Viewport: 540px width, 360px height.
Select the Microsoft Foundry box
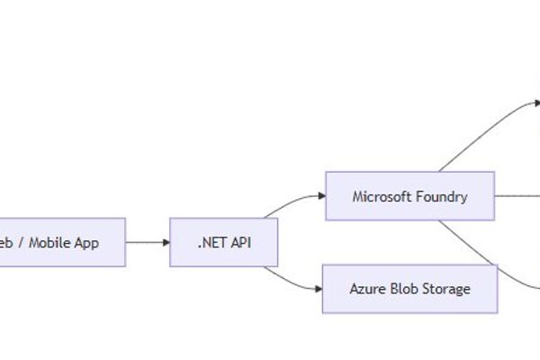[409, 196]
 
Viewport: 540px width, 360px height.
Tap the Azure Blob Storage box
[409, 289]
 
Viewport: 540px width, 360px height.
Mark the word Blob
[401, 289]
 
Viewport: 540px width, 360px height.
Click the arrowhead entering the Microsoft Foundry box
[320, 195]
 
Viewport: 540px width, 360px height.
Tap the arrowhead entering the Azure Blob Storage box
[318, 289]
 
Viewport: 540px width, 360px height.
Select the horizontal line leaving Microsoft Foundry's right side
[517, 195]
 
